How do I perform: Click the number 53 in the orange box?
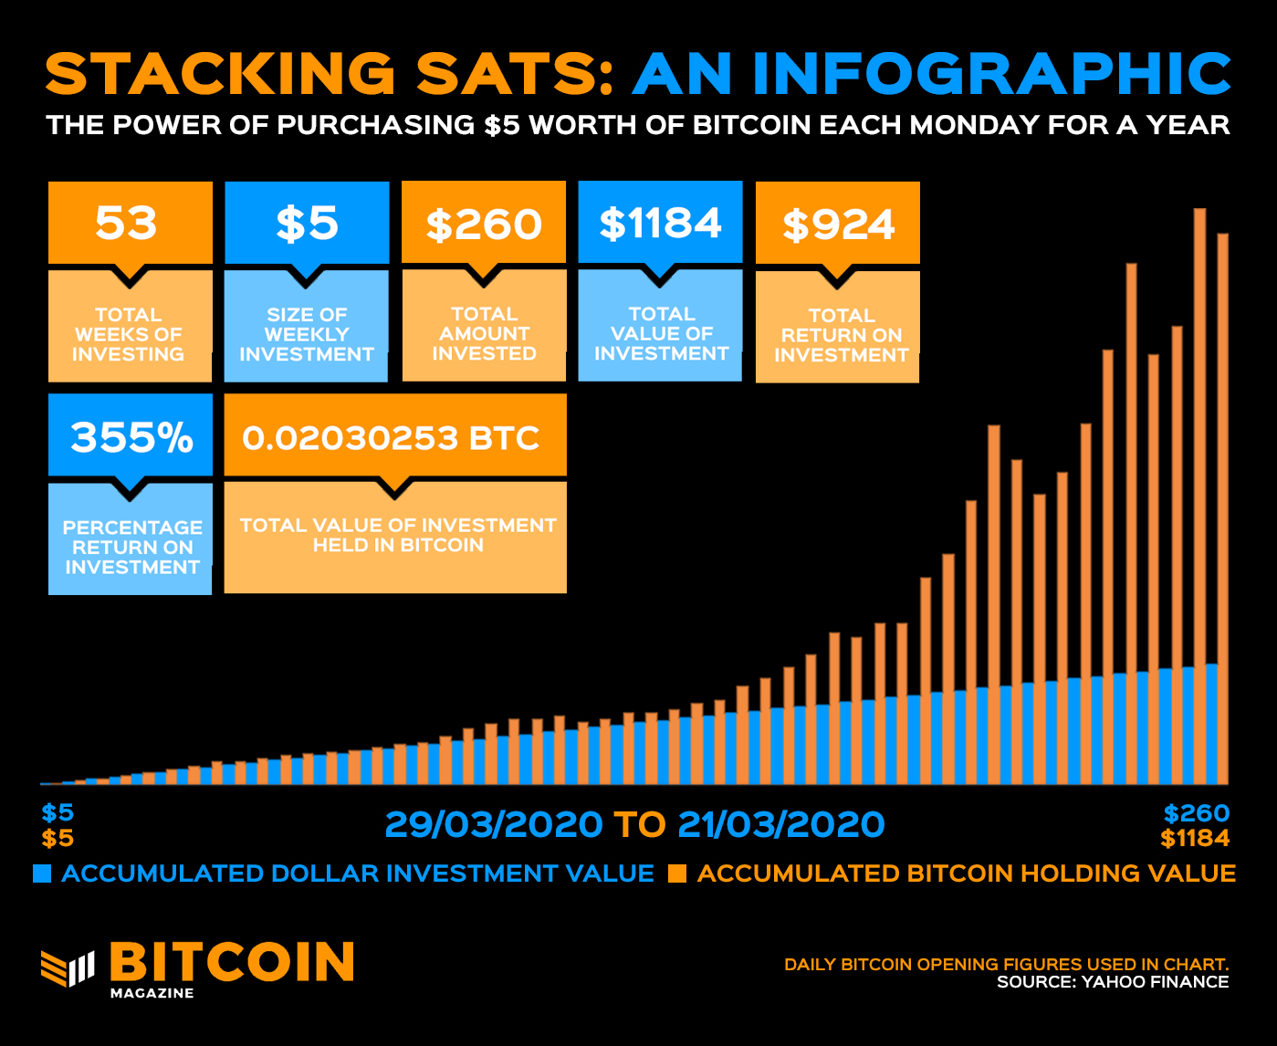[x=127, y=224]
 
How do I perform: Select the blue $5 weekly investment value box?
[x=307, y=224]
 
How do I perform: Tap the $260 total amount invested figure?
[x=484, y=225]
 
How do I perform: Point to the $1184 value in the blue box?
[x=660, y=224]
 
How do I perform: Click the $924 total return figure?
[x=838, y=225]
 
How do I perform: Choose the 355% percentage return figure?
[x=131, y=437]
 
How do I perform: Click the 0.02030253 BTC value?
[x=392, y=438]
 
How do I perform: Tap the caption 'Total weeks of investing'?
[x=129, y=334]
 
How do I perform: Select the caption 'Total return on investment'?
[x=841, y=335]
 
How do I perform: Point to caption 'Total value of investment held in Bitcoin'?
[x=397, y=535]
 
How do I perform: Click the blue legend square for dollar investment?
[x=42, y=873]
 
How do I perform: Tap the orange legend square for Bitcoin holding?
[x=676, y=873]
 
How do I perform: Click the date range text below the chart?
[x=634, y=824]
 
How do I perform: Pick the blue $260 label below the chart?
[x=1196, y=812]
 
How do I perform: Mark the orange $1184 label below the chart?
[x=1195, y=838]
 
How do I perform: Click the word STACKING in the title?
[x=219, y=74]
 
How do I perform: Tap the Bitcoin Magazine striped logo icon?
[x=68, y=968]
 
